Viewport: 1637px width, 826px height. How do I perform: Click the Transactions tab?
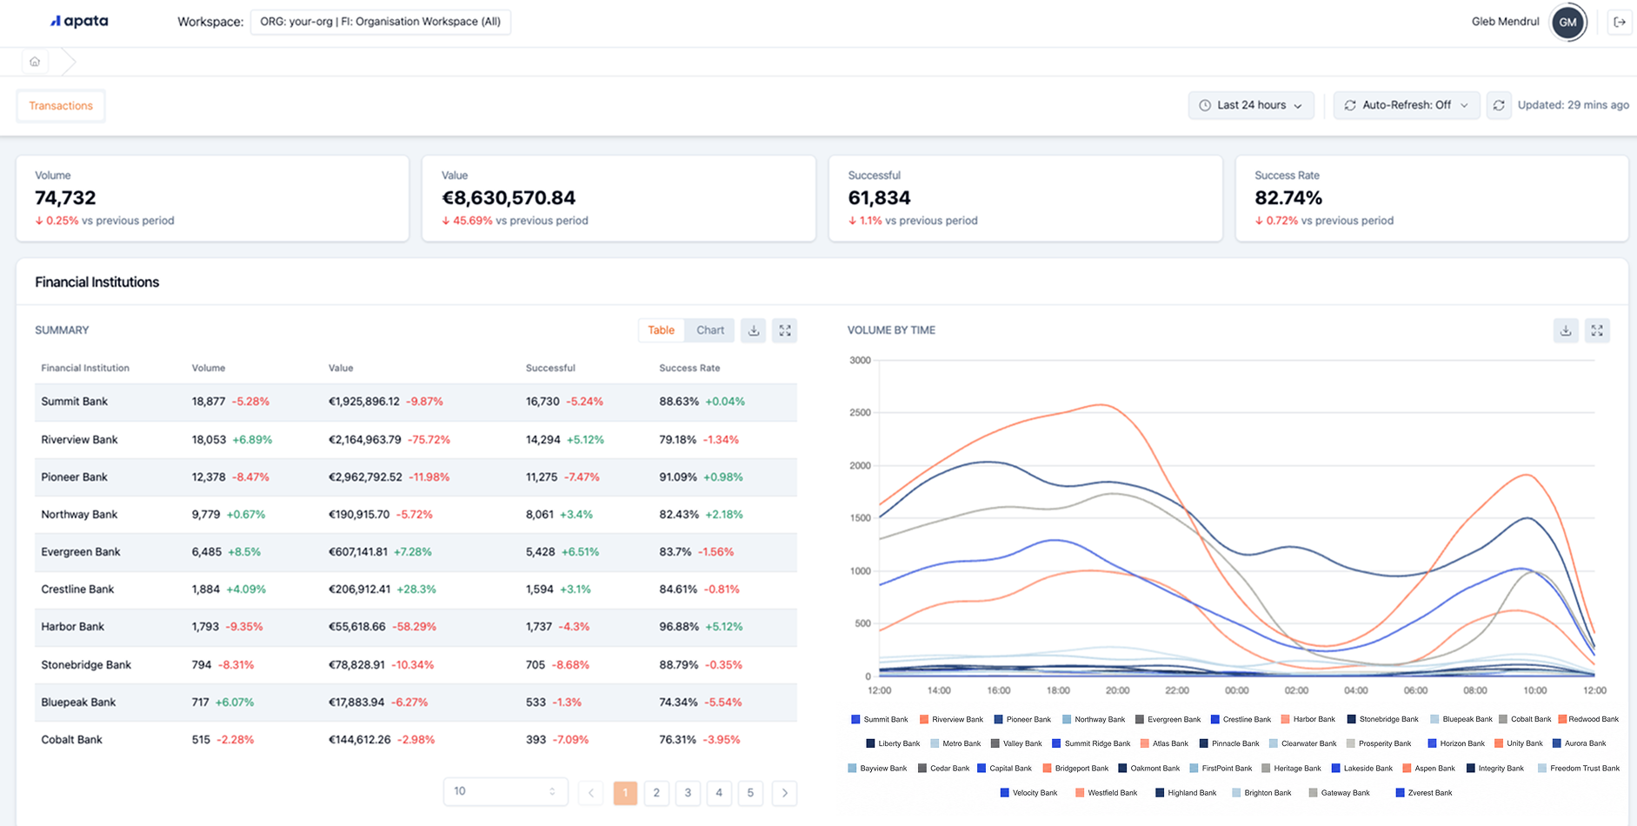61,106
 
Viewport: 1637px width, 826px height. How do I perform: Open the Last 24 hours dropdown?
1250,105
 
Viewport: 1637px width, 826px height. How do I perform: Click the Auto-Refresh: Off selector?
1406,105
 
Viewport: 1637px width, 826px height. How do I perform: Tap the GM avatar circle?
1568,23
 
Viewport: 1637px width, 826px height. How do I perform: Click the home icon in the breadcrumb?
35,62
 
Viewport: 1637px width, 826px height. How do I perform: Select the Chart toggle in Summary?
710,330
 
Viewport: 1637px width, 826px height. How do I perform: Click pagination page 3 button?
688,793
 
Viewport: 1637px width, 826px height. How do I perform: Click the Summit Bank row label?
75,402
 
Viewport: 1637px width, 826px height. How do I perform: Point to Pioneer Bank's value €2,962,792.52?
365,477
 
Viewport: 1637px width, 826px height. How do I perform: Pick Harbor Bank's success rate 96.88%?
678,627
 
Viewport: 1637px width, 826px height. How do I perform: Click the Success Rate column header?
689,368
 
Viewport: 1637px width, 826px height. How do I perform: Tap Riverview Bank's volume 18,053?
209,440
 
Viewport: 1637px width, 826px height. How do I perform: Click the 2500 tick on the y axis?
860,413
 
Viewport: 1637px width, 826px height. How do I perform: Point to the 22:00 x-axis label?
1177,690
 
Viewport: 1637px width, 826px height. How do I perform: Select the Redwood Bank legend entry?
1588,719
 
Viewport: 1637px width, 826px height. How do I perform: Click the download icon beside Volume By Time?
1566,330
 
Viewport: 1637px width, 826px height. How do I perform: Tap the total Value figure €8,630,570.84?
509,198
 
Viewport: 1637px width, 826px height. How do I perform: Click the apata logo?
79,22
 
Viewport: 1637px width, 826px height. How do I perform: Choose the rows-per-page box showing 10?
505,792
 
